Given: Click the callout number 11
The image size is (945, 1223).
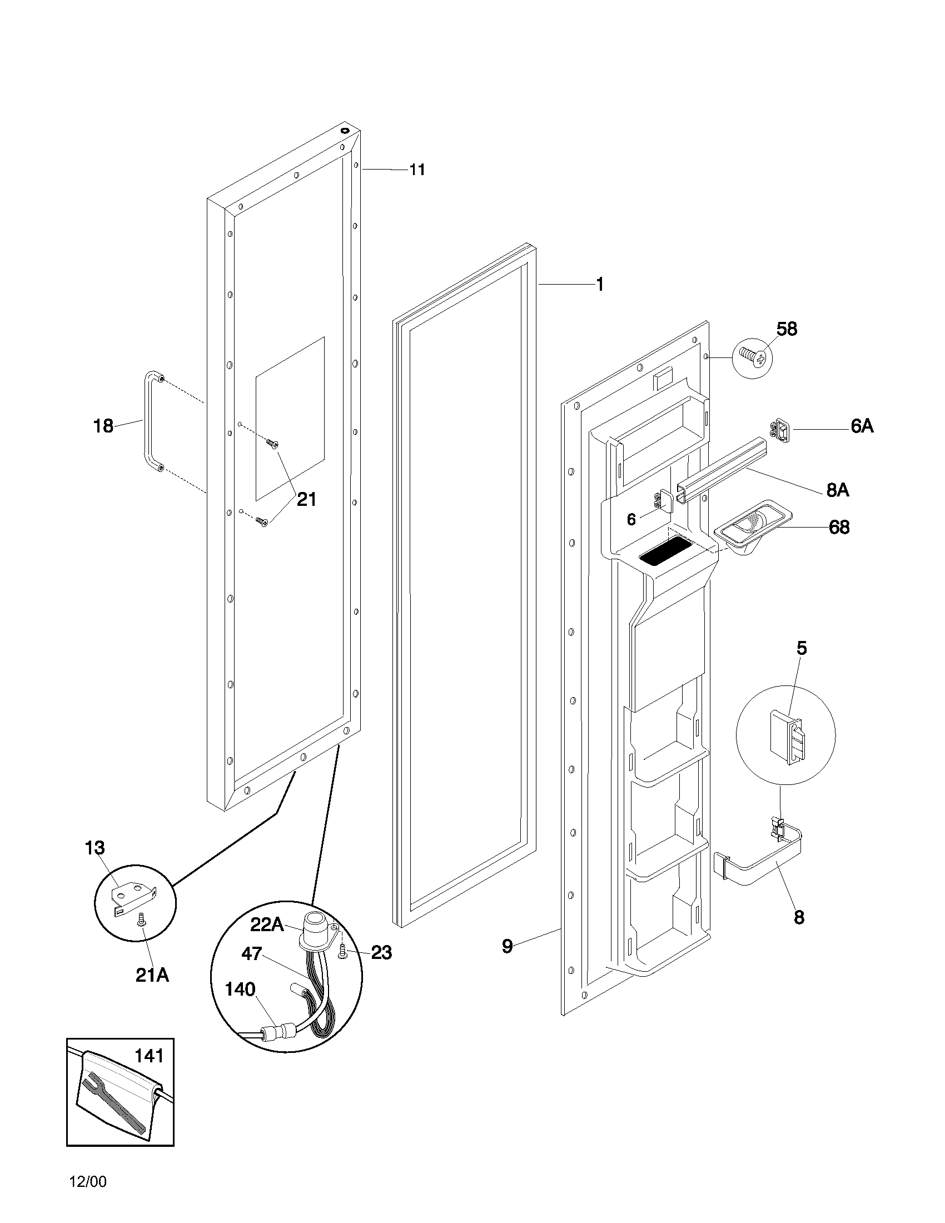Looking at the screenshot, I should [x=417, y=170].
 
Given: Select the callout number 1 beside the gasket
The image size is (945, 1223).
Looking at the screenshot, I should [x=600, y=285].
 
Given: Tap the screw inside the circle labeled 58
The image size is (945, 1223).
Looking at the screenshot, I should [x=752, y=357].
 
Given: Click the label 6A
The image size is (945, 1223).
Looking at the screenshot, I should [x=862, y=427].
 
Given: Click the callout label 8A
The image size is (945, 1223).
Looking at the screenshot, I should [x=837, y=490].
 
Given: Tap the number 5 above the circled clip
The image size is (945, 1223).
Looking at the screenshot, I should [x=802, y=648].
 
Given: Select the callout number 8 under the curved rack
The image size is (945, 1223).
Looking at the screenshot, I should [x=799, y=917].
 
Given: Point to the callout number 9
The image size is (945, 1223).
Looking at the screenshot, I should [x=506, y=946].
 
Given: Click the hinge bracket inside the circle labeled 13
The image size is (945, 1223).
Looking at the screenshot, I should [x=135, y=896].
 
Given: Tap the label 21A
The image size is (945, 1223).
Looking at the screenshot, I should [x=152, y=975].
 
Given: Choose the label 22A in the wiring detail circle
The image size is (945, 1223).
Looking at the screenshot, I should [x=266, y=924].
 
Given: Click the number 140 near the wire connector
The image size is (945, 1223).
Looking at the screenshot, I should [x=240, y=990].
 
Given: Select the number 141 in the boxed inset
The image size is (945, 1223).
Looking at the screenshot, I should [x=149, y=1056].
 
